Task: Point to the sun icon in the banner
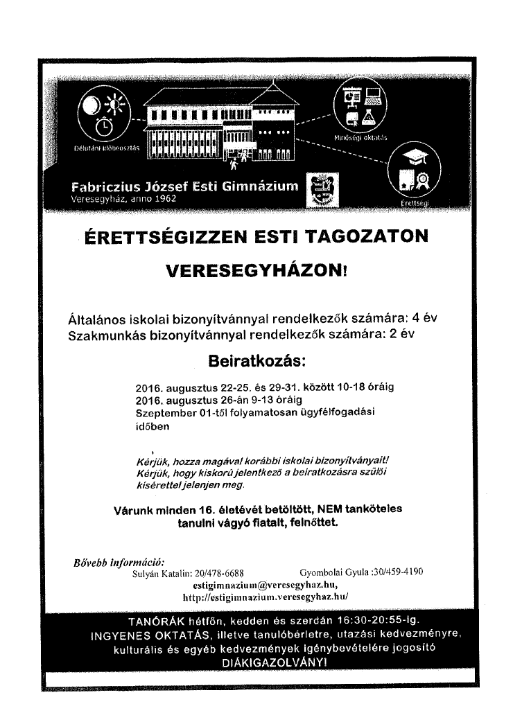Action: pos(115,105)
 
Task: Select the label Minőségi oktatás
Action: pos(360,137)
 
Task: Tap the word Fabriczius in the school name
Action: pos(103,186)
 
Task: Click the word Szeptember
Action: pos(165,414)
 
